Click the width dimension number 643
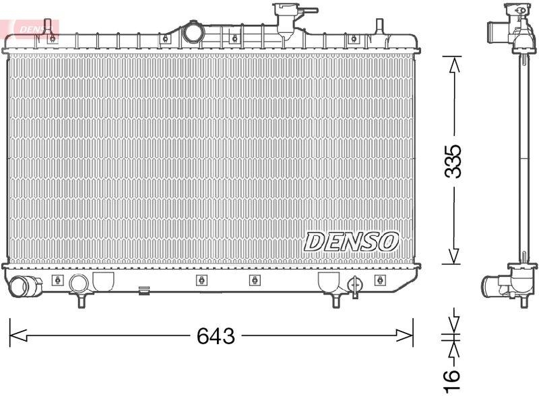tap(216, 335)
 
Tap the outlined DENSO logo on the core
tap(351, 241)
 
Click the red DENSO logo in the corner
tap(34, 27)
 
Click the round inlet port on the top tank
tap(193, 32)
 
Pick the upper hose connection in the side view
tap(496, 31)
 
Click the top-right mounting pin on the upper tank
tap(379, 26)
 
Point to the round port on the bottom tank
tap(79, 282)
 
